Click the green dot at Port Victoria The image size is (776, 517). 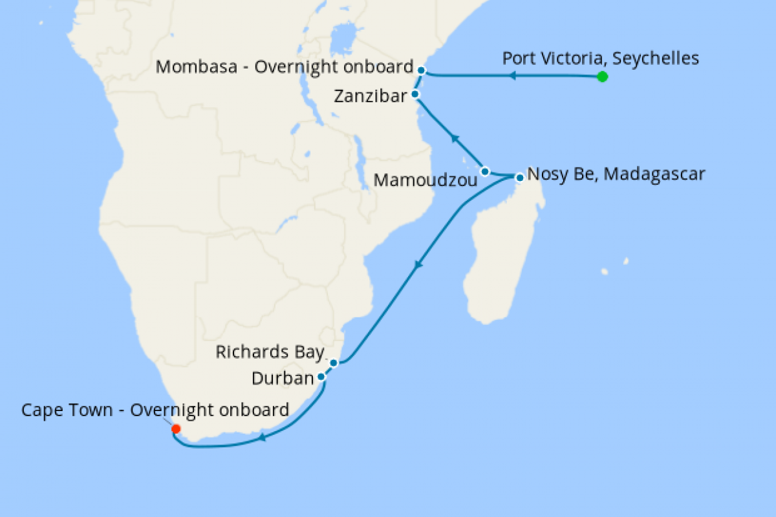click(602, 77)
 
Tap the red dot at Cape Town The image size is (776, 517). click(175, 428)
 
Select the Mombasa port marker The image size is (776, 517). click(421, 70)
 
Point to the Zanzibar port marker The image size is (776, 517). click(416, 94)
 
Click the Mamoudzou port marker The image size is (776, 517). click(486, 171)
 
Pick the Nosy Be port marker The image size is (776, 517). click(519, 176)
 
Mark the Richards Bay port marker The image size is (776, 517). click(334, 363)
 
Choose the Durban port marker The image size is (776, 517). click(321, 376)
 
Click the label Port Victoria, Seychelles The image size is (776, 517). click(600, 59)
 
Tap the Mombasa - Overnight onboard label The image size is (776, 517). click(285, 67)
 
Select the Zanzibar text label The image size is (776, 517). click(370, 97)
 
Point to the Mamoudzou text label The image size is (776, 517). click(425, 180)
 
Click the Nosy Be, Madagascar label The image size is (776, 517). click(616, 174)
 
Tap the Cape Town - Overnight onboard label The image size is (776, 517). click(155, 410)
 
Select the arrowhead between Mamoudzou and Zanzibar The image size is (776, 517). click(455, 138)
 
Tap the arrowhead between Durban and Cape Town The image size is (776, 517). click(262, 438)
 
